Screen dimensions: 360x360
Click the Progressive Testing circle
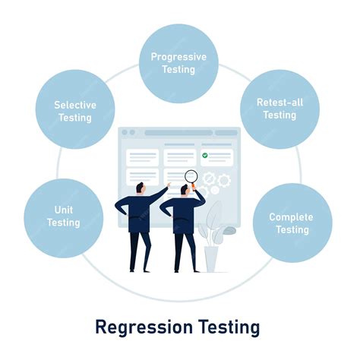click(178, 63)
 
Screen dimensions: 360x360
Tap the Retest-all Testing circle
click(279, 109)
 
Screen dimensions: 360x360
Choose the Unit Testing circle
click(64, 216)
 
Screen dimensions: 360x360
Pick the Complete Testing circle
click(292, 223)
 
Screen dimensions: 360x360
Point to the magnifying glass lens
click(191, 177)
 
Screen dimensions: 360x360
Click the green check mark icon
click(205, 154)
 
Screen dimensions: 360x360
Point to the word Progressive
click(178, 57)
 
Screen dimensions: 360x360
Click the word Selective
click(74, 105)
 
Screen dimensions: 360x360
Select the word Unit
click(64, 210)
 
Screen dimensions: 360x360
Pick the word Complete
click(292, 217)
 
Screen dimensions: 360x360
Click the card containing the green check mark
click(216, 157)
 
